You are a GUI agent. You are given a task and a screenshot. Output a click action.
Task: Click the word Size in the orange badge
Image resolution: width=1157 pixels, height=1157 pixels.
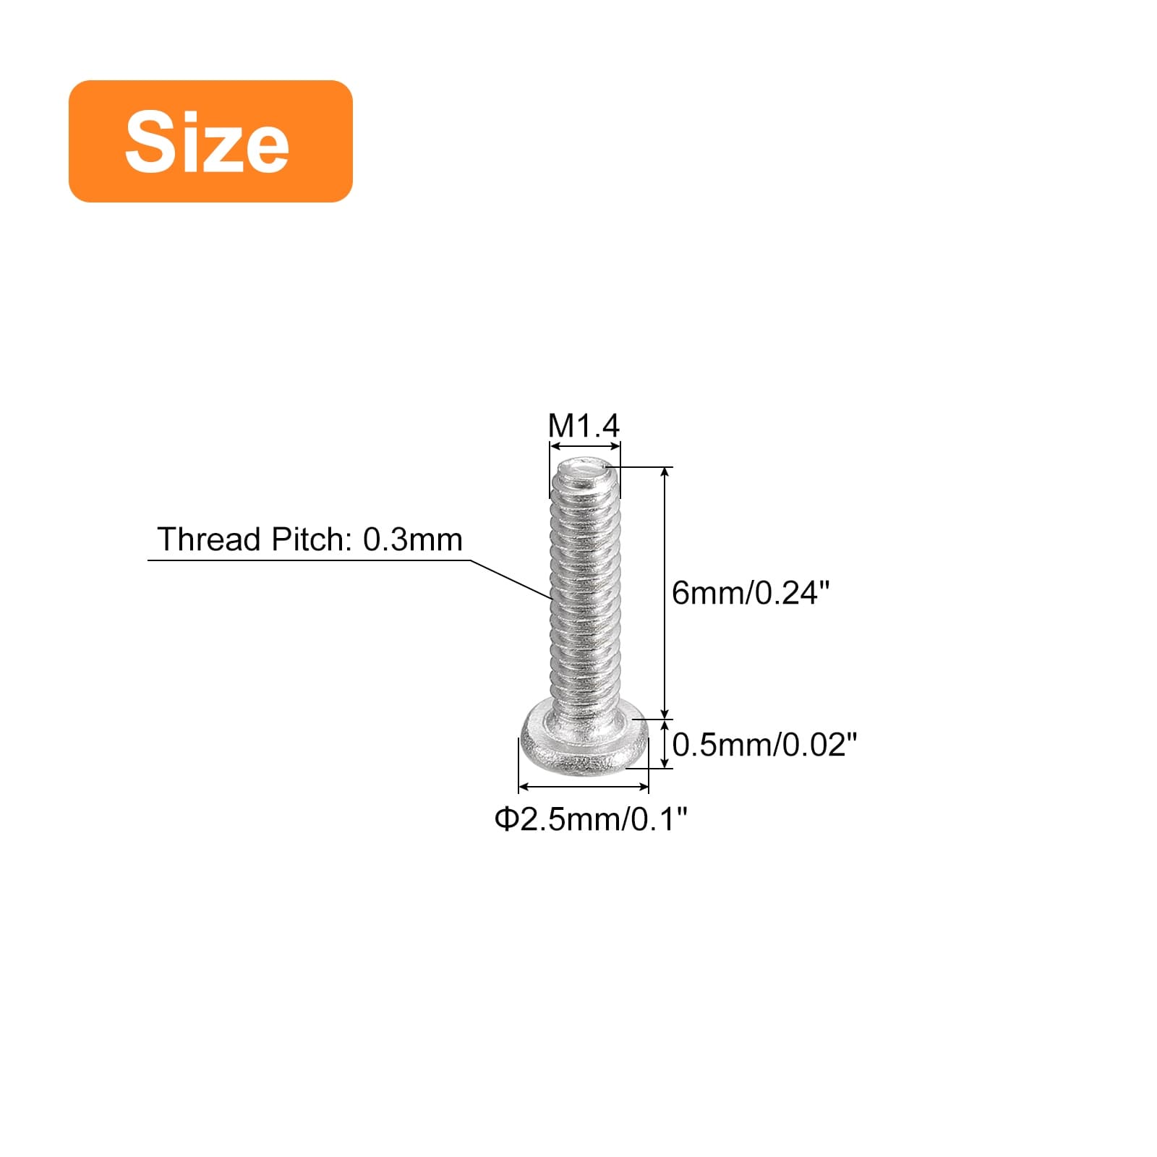207,142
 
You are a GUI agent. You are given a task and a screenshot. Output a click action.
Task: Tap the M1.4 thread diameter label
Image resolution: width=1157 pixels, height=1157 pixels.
584,426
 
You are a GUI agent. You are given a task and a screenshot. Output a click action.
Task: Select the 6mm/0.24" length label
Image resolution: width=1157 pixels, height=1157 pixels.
751,593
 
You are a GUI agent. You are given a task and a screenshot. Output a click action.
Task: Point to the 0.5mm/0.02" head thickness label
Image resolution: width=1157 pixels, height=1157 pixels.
765,745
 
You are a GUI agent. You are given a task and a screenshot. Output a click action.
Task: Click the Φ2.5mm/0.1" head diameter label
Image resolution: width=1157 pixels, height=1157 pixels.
591,819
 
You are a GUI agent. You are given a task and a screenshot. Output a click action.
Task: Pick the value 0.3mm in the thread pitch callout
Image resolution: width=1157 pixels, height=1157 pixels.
412,539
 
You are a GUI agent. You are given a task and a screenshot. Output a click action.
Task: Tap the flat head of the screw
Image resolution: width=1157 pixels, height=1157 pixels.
584,741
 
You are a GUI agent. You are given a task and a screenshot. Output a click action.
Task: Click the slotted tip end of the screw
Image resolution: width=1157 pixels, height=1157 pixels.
584,474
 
